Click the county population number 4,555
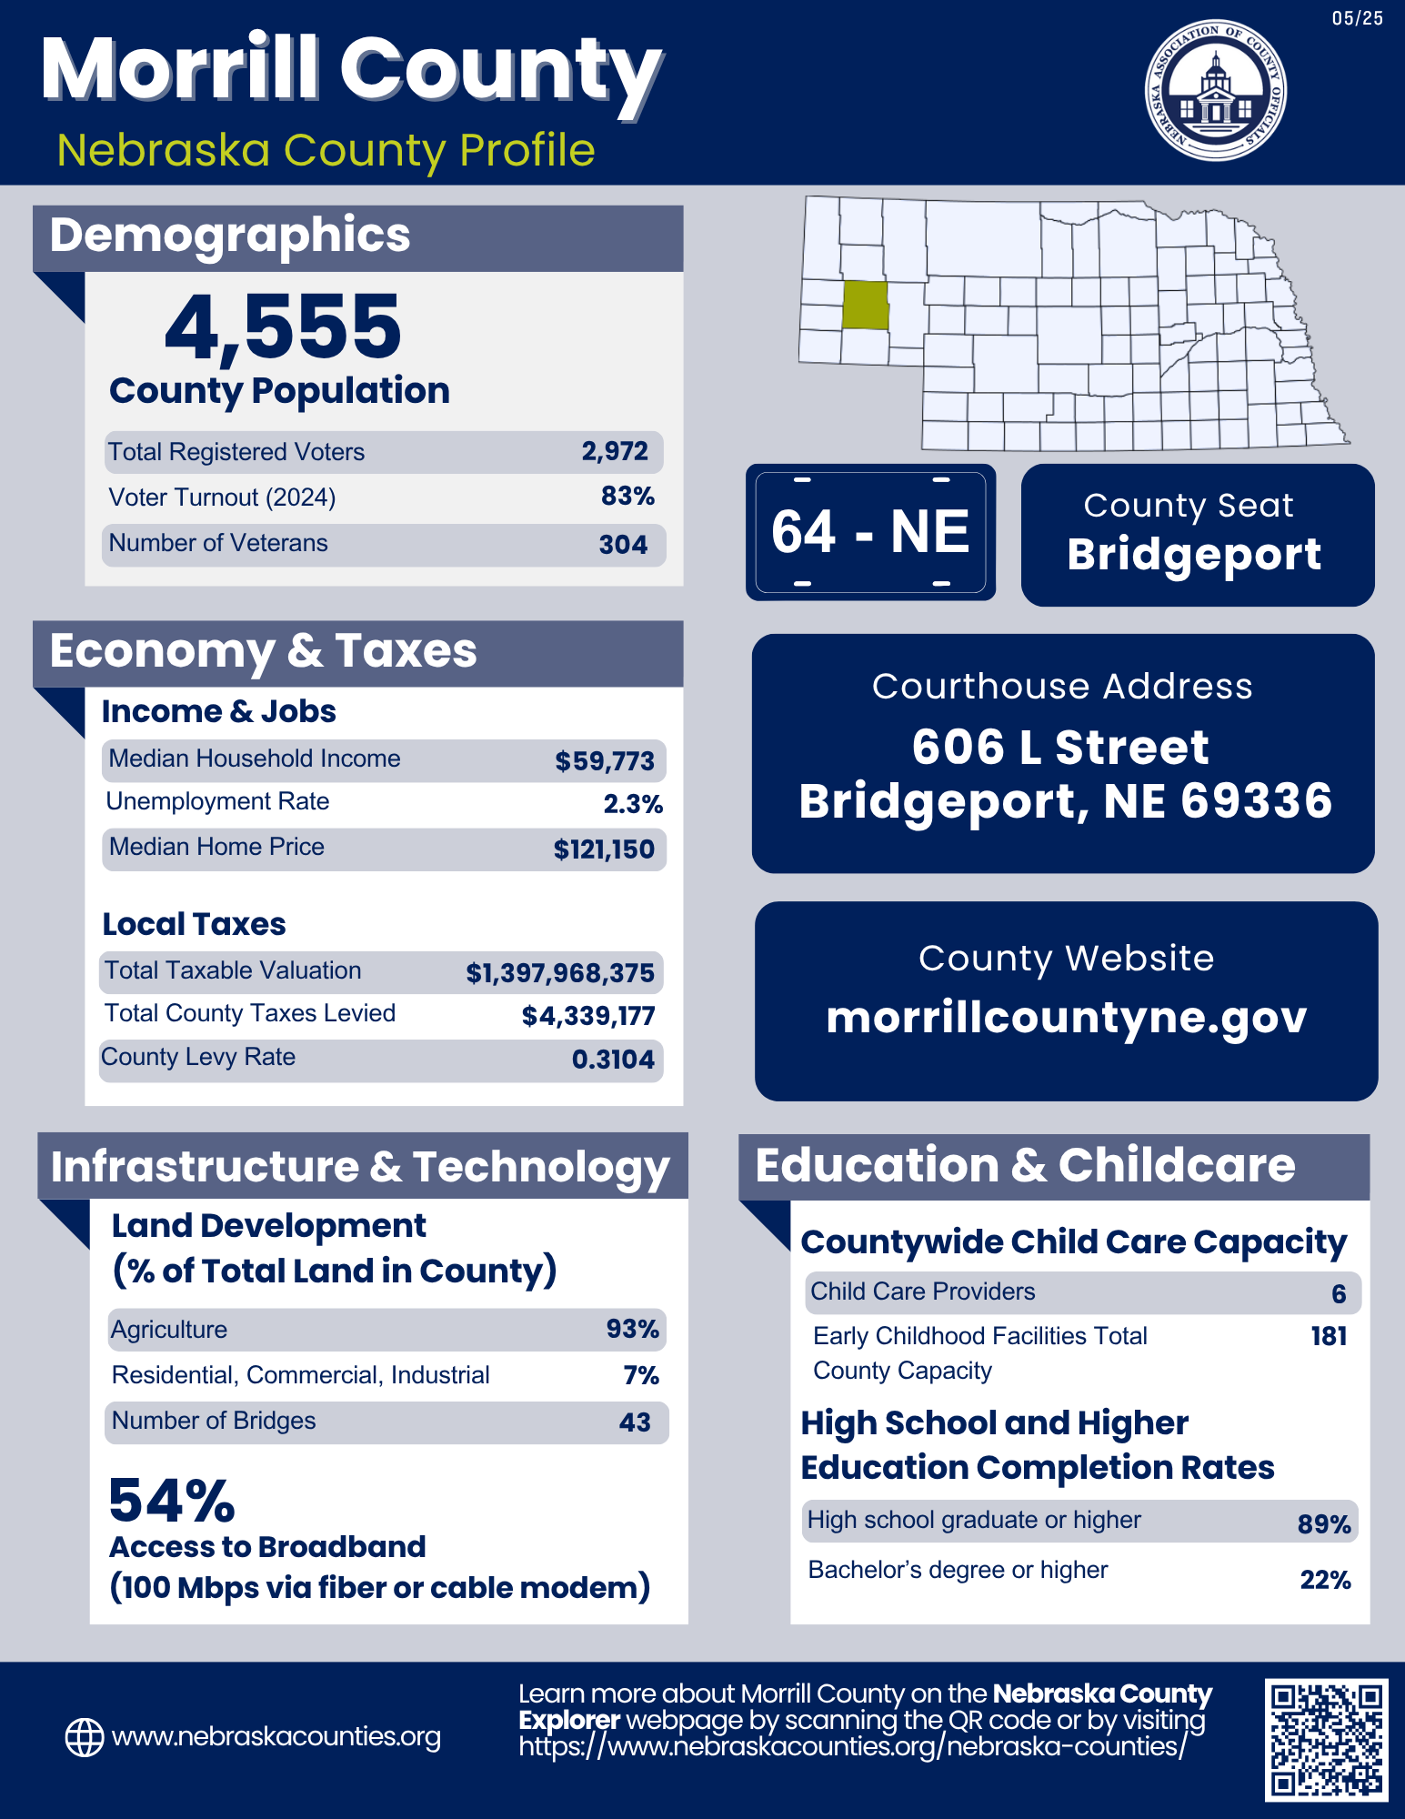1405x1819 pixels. point(283,327)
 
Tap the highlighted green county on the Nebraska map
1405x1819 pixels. point(865,305)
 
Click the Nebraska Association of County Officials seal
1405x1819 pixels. point(1215,90)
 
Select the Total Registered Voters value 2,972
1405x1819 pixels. point(615,451)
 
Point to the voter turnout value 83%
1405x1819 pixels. point(627,497)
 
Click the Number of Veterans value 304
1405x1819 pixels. point(623,545)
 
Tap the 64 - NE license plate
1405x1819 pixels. point(870,532)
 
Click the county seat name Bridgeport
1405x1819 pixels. point(1194,555)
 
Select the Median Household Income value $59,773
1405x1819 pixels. point(605,761)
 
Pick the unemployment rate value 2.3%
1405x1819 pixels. point(633,804)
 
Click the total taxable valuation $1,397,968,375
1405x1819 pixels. point(560,973)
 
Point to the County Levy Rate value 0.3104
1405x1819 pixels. point(613,1060)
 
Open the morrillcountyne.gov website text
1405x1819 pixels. point(1066,1018)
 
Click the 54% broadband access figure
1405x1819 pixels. point(172,1501)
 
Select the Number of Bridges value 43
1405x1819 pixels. point(635,1422)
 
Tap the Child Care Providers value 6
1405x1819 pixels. point(1339,1294)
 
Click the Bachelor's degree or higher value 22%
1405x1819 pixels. point(1325,1580)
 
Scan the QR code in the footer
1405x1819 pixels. point(1326,1739)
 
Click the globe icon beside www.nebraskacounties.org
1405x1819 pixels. point(85,1737)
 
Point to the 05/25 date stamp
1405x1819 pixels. point(1357,19)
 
